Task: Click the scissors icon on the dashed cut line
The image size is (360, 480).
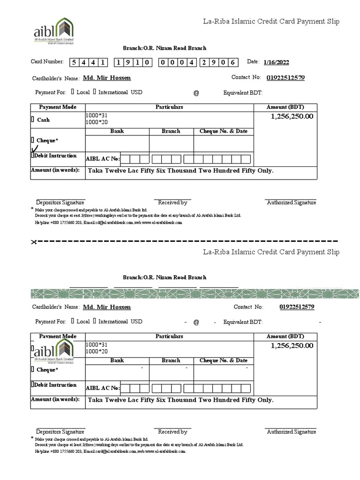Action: (x=34, y=242)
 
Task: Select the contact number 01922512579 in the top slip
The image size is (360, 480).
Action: (x=285, y=78)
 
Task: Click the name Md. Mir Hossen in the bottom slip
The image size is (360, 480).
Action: (x=107, y=307)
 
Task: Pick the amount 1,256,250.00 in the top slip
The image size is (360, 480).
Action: (x=292, y=116)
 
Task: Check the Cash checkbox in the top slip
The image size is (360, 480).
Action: (x=33, y=120)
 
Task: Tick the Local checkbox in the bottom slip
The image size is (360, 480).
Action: (x=73, y=322)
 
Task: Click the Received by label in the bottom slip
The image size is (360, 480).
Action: (x=172, y=432)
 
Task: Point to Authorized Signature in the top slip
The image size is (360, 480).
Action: (x=291, y=202)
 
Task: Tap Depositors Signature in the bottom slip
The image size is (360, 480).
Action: (x=60, y=432)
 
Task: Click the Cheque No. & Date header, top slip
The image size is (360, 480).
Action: (x=224, y=131)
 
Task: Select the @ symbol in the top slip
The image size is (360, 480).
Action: (x=196, y=93)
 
